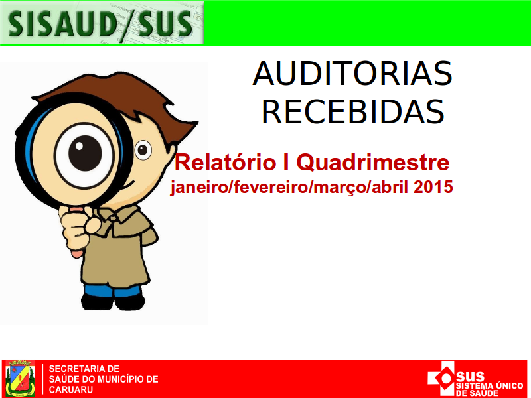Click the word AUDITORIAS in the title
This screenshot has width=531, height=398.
pyautogui.click(x=352, y=74)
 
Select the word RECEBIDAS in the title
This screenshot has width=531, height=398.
pyautogui.click(x=353, y=112)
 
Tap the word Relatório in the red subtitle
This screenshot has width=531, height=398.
pyautogui.click(x=225, y=163)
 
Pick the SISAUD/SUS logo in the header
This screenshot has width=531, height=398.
pyautogui.click(x=102, y=23)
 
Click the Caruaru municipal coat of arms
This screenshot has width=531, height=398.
pyautogui.click(x=21, y=378)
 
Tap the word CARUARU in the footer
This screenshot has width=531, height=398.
pyautogui.click(x=71, y=389)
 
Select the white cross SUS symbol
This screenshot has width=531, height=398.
pyautogui.click(x=441, y=377)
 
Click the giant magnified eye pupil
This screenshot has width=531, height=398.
pyautogui.click(x=85, y=153)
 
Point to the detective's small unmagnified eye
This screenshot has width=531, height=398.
pyautogui.click(x=143, y=150)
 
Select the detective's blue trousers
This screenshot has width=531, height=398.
pyautogui.click(x=112, y=291)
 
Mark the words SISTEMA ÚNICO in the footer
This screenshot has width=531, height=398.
pyautogui.click(x=489, y=386)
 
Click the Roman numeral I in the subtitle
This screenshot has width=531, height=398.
pyautogui.click(x=286, y=163)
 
